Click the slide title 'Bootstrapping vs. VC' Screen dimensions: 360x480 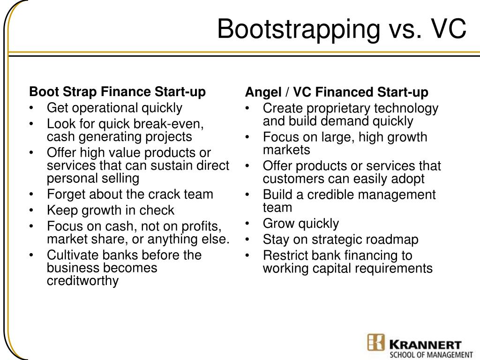(x=341, y=29)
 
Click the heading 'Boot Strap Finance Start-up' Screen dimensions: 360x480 (x=117, y=91)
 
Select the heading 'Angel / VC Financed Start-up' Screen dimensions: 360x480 (x=337, y=92)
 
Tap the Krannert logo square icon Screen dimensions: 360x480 (x=376, y=342)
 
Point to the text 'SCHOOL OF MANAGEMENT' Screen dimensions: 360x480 (x=431, y=355)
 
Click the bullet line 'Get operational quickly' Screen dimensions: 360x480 (x=114, y=108)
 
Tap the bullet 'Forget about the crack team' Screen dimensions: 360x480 (x=130, y=194)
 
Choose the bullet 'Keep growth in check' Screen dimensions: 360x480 (x=110, y=210)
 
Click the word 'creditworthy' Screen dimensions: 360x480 (x=82, y=281)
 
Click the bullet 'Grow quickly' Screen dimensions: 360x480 (x=300, y=224)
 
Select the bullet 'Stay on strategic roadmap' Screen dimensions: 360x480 (x=340, y=240)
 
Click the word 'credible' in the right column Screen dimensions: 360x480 (x=327, y=195)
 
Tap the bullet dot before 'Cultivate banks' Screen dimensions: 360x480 (x=31, y=255)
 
